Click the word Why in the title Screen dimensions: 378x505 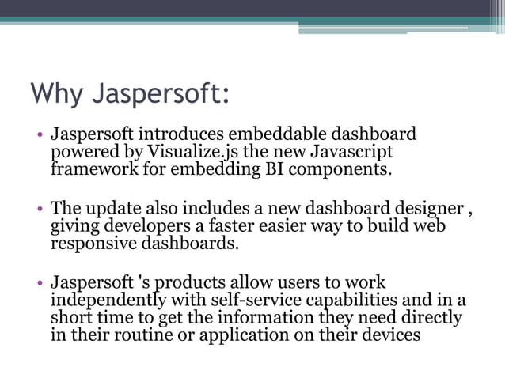pos(55,93)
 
